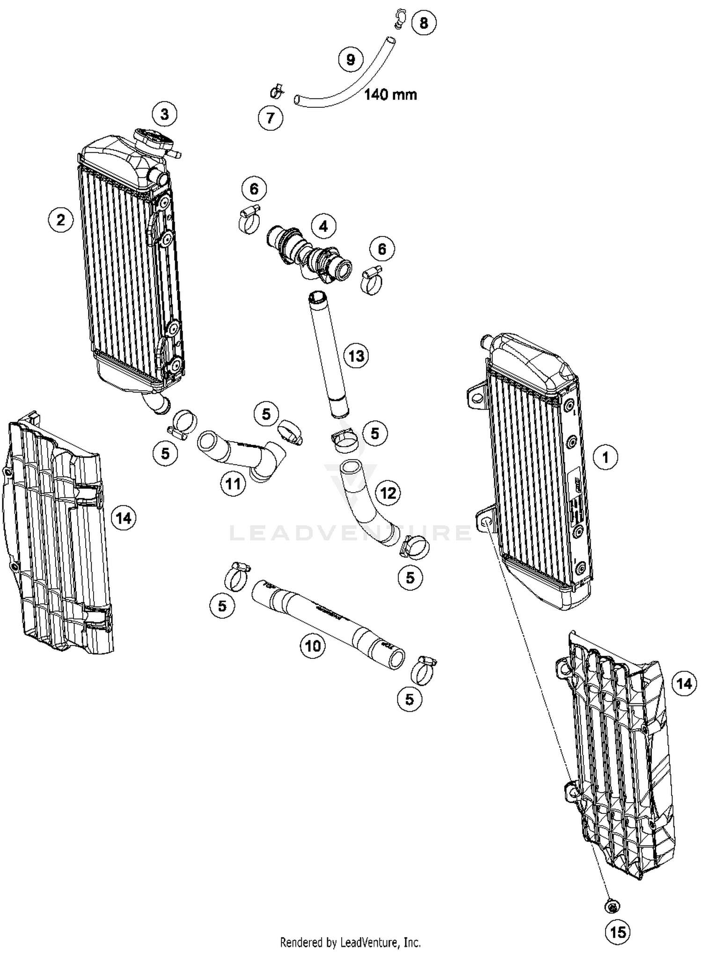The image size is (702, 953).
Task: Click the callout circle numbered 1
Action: [x=605, y=457]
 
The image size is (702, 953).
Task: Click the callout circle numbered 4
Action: [x=323, y=227]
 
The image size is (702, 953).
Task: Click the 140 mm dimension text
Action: [x=390, y=95]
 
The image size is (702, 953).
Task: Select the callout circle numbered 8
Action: [x=424, y=22]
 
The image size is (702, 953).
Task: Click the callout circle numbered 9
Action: [x=351, y=59]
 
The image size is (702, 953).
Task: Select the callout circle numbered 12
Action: [x=388, y=493]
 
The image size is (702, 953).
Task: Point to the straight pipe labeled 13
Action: [x=329, y=356]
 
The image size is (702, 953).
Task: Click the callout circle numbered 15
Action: [x=618, y=932]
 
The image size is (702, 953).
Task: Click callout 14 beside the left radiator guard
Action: [x=124, y=518]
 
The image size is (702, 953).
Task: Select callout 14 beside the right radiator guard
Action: [x=684, y=684]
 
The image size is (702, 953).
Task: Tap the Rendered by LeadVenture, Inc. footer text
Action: [x=350, y=941]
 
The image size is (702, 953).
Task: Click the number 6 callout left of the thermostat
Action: [x=254, y=189]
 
